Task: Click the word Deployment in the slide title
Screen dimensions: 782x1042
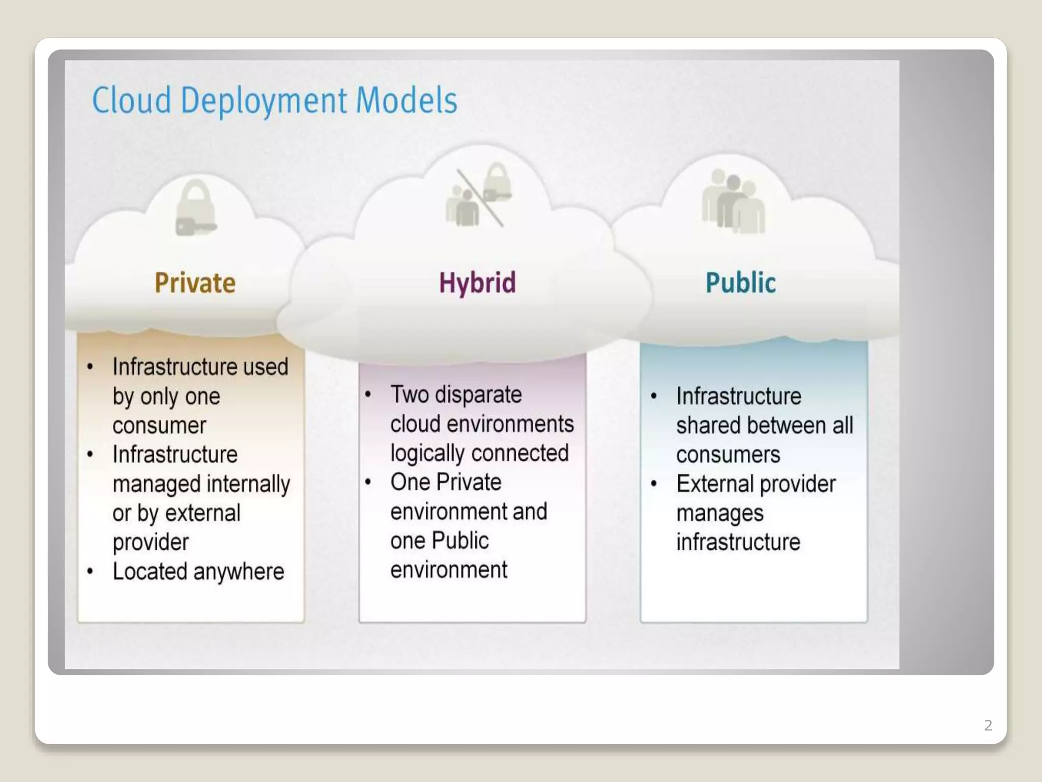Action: click(x=264, y=100)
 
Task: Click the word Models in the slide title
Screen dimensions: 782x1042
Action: click(x=407, y=100)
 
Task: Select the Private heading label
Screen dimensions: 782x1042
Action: click(x=195, y=283)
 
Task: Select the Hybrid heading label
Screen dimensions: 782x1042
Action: click(x=477, y=283)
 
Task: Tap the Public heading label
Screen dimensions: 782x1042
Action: click(x=741, y=283)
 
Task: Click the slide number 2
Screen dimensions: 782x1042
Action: click(x=988, y=725)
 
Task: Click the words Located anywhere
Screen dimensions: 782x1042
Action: click(x=198, y=572)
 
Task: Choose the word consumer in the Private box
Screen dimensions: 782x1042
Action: click(x=159, y=426)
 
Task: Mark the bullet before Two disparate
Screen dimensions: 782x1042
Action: click(x=368, y=395)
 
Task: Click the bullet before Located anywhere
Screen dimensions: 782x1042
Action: click(x=90, y=572)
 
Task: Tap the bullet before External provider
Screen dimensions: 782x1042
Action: click(x=654, y=484)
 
